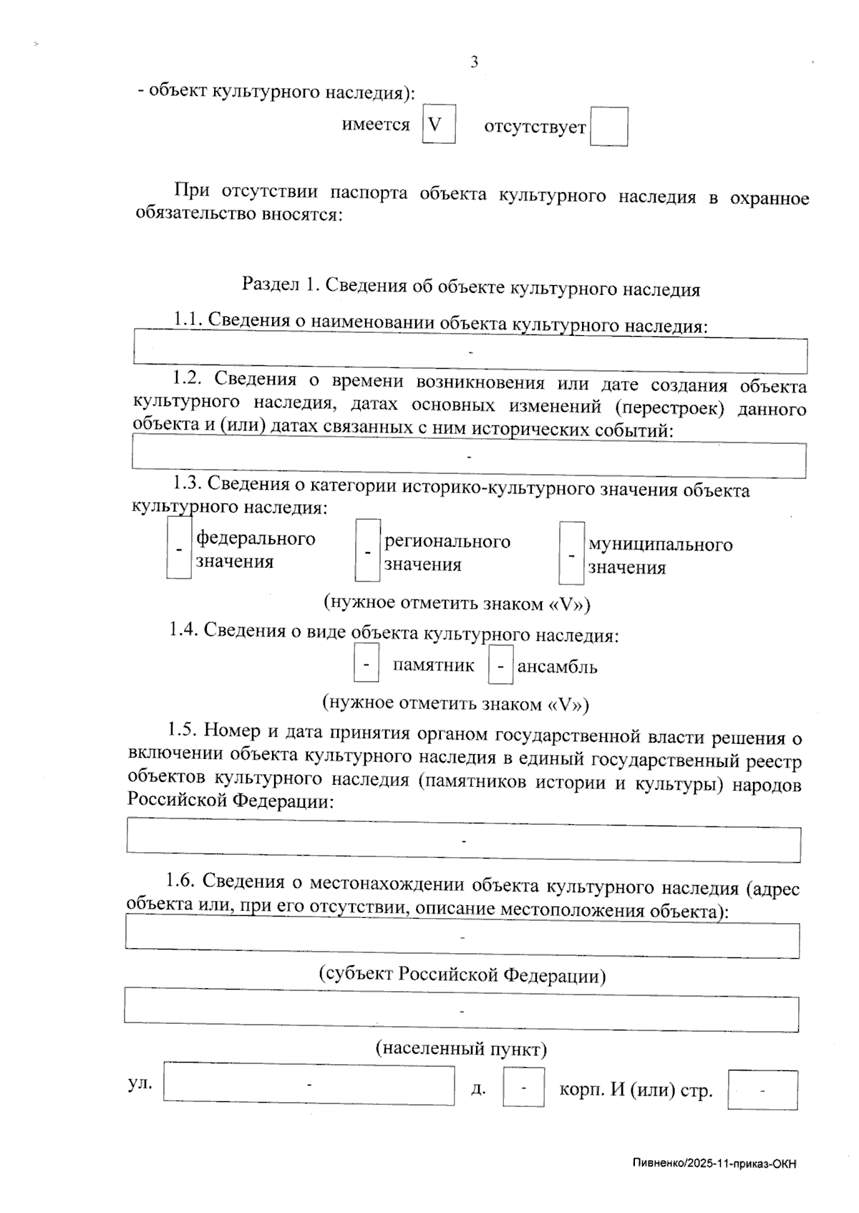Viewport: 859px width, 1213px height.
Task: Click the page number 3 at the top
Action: tap(474, 62)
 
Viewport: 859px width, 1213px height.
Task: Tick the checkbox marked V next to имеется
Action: tap(438, 124)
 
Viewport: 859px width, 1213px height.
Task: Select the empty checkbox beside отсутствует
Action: tap(608, 127)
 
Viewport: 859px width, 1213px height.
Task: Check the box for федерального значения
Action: tap(178, 549)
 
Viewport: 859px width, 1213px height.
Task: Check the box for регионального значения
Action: tap(367, 551)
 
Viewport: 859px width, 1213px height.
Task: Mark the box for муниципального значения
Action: tap(571, 554)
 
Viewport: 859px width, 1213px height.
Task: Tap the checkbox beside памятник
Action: tap(366, 665)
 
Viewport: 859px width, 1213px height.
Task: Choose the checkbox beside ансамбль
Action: tap(500, 667)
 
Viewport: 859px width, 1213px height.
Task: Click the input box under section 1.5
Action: tap(464, 839)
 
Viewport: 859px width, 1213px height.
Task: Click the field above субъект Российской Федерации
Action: tap(462, 939)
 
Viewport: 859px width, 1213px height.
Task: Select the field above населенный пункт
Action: tap(462, 1010)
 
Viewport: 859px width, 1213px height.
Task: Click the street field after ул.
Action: tap(309, 1085)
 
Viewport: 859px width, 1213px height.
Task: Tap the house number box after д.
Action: tap(523, 1087)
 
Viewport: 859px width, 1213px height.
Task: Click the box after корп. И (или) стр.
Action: tap(762, 1090)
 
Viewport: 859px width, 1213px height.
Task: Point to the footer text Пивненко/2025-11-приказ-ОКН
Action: tap(714, 1164)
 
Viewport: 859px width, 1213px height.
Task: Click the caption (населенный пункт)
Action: tap(462, 1049)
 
